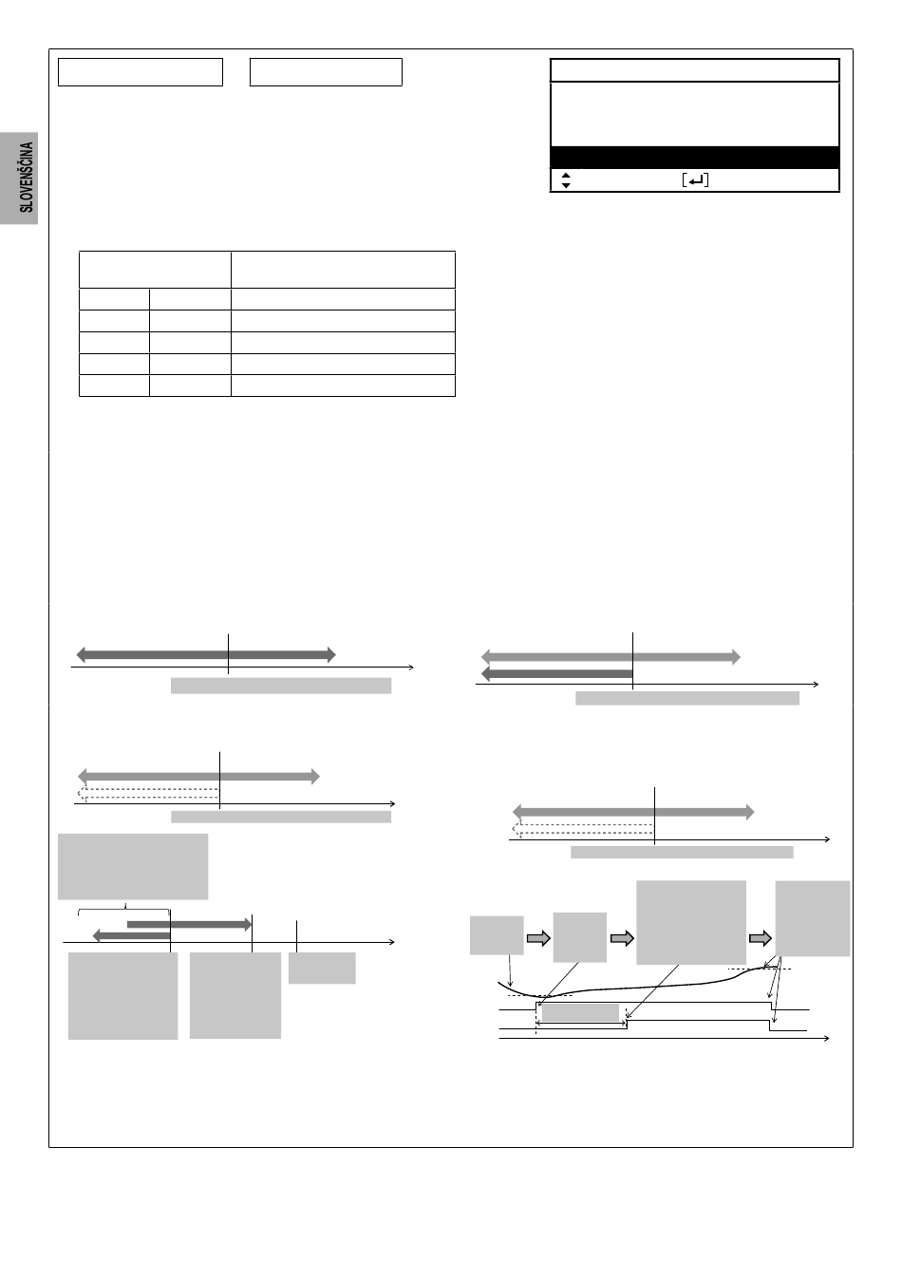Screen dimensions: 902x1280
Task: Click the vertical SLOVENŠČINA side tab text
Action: point(27,178)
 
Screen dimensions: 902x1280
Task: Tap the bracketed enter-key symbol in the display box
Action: point(695,180)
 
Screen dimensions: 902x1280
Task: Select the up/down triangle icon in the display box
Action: point(566,180)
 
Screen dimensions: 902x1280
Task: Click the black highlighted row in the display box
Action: point(695,157)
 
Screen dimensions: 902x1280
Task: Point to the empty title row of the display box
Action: point(695,70)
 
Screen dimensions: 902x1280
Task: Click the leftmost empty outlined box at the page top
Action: point(141,72)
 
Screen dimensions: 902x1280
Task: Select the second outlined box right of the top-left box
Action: point(326,72)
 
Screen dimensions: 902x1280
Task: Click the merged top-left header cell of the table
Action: point(155,270)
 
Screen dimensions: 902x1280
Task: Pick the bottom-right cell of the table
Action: point(343,386)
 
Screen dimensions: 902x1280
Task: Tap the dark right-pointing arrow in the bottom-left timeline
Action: point(189,924)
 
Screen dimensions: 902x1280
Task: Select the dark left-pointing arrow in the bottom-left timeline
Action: point(131,935)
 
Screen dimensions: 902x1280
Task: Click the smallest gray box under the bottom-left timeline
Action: point(322,968)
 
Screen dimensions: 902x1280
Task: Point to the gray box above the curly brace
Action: point(133,866)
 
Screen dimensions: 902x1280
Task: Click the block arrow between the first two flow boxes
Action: point(538,938)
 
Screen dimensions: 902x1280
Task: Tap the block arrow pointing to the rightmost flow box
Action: point(761,938)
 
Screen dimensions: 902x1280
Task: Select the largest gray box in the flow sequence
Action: point(690,922)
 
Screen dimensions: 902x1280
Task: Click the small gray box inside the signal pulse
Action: point(580,1013)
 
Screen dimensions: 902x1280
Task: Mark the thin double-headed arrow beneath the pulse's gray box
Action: point(581,1024)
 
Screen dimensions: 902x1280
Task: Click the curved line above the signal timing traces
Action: point(634,988)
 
